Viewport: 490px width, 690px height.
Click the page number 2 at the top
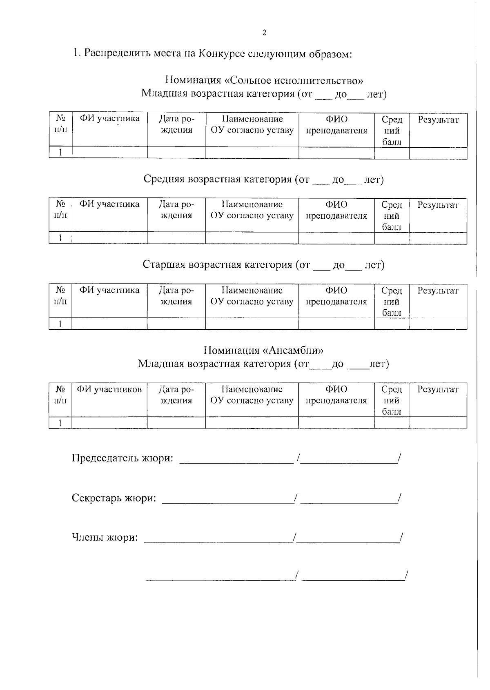click(264, 33)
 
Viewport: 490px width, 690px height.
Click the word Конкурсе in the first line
click(220, 53)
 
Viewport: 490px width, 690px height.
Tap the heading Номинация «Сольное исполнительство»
click(264, 80)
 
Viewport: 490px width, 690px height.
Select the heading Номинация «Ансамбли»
click(264, 350)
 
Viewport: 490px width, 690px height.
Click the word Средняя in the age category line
click(164, 180)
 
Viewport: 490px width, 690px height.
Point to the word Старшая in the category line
click(164, 265)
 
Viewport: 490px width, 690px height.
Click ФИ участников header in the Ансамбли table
click(109, 389)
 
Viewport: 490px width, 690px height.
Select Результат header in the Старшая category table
click(438, 291)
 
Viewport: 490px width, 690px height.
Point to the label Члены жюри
click(105, 537)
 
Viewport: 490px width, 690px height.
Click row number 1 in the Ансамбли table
click(60, 423)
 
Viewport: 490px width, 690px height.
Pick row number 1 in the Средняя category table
click(60, 238)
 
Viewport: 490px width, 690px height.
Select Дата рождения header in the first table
click(176, 124)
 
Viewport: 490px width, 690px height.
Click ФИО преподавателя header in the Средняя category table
click(336, 210)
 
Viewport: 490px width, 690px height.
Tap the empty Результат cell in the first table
click(438, 153)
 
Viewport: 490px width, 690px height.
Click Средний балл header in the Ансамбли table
click(391, 400)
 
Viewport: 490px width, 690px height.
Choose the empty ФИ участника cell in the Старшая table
click(109, 324)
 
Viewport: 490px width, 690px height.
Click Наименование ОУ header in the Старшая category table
click(252, 296)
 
